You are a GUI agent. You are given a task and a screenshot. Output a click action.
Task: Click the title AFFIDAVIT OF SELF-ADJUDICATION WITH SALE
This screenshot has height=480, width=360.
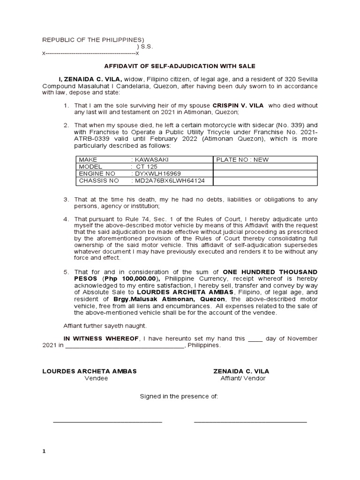[x=180, y=67]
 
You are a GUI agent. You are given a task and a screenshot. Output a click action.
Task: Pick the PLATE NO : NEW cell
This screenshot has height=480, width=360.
[x=242, y=159]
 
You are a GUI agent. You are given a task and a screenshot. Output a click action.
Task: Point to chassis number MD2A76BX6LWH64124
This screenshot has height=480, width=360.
[x=172, y=180]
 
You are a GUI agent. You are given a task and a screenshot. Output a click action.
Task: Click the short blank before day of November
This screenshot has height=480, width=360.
[x=255, y=339]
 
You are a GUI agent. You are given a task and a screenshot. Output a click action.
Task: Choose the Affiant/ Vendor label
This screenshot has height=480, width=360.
[x=243, y=378]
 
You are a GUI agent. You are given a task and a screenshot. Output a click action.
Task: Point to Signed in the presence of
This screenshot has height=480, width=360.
[x=179, y=396]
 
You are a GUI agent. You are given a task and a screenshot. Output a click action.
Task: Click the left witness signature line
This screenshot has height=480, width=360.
[x=107, y=422]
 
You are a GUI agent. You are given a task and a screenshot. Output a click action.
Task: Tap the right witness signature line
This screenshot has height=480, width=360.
[x=250, y=422]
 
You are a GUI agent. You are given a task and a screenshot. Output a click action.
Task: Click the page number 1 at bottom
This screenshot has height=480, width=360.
[x=44, y=451]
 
